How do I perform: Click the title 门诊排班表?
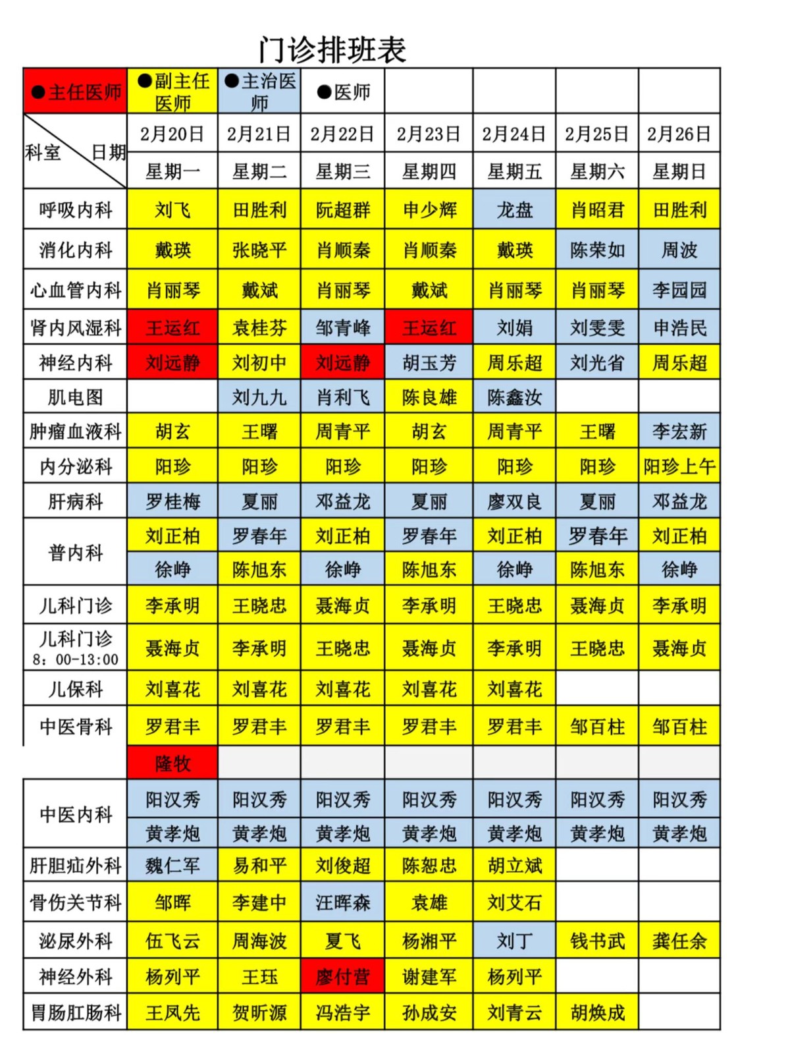pos(332,50)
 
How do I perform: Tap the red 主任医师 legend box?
pos(76,92)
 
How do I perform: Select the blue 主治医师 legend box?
pos(259,92)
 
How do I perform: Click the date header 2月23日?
pos(429,134)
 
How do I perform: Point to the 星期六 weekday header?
pos(597,172)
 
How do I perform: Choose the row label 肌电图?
pos(76,397)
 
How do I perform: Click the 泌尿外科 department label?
pos(76,941)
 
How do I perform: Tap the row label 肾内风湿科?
pos(76,327)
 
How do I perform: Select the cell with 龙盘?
pos(515,210)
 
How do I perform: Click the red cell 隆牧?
pos(172,763)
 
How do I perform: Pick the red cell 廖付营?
pos(343,976)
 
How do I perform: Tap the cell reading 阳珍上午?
pos(679,466)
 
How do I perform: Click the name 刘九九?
pos(259,397)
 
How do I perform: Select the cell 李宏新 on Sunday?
pos(679,431)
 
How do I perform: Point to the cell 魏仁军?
pos(172,865)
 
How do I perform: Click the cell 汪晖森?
pos(343,902)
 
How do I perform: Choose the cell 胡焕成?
pos(597,1012)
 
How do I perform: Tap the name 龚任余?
pos(679,941)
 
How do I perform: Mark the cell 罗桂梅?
pos(172,501)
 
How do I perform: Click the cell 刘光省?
pos(597,362)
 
